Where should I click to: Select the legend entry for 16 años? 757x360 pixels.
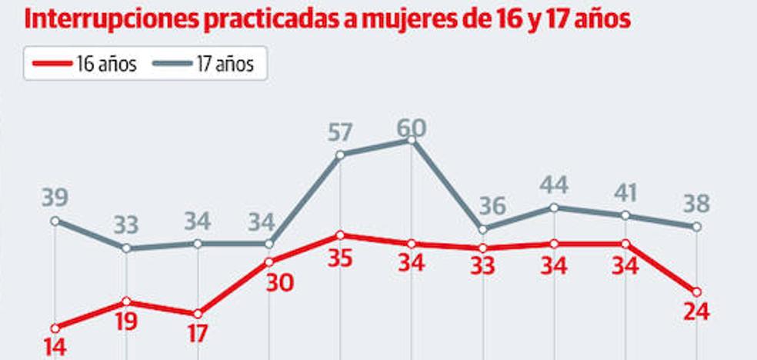point(83,64)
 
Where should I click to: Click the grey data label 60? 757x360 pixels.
point(412,126)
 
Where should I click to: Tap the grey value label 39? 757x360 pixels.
point(54,198)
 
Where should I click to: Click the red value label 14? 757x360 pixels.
point(54,347)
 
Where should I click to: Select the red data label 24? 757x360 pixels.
point(695,312)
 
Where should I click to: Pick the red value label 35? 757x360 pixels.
point(339,257)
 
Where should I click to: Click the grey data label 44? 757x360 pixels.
point(554,185)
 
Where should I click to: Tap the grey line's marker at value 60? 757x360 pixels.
point(412,140)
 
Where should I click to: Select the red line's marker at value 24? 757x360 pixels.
point(696,292)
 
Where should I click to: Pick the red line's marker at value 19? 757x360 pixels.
point(125,302)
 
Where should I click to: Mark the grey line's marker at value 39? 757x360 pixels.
point(54,221)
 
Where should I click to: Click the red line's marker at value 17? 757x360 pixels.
point(198,313)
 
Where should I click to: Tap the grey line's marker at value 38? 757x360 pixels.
point(696,227)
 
